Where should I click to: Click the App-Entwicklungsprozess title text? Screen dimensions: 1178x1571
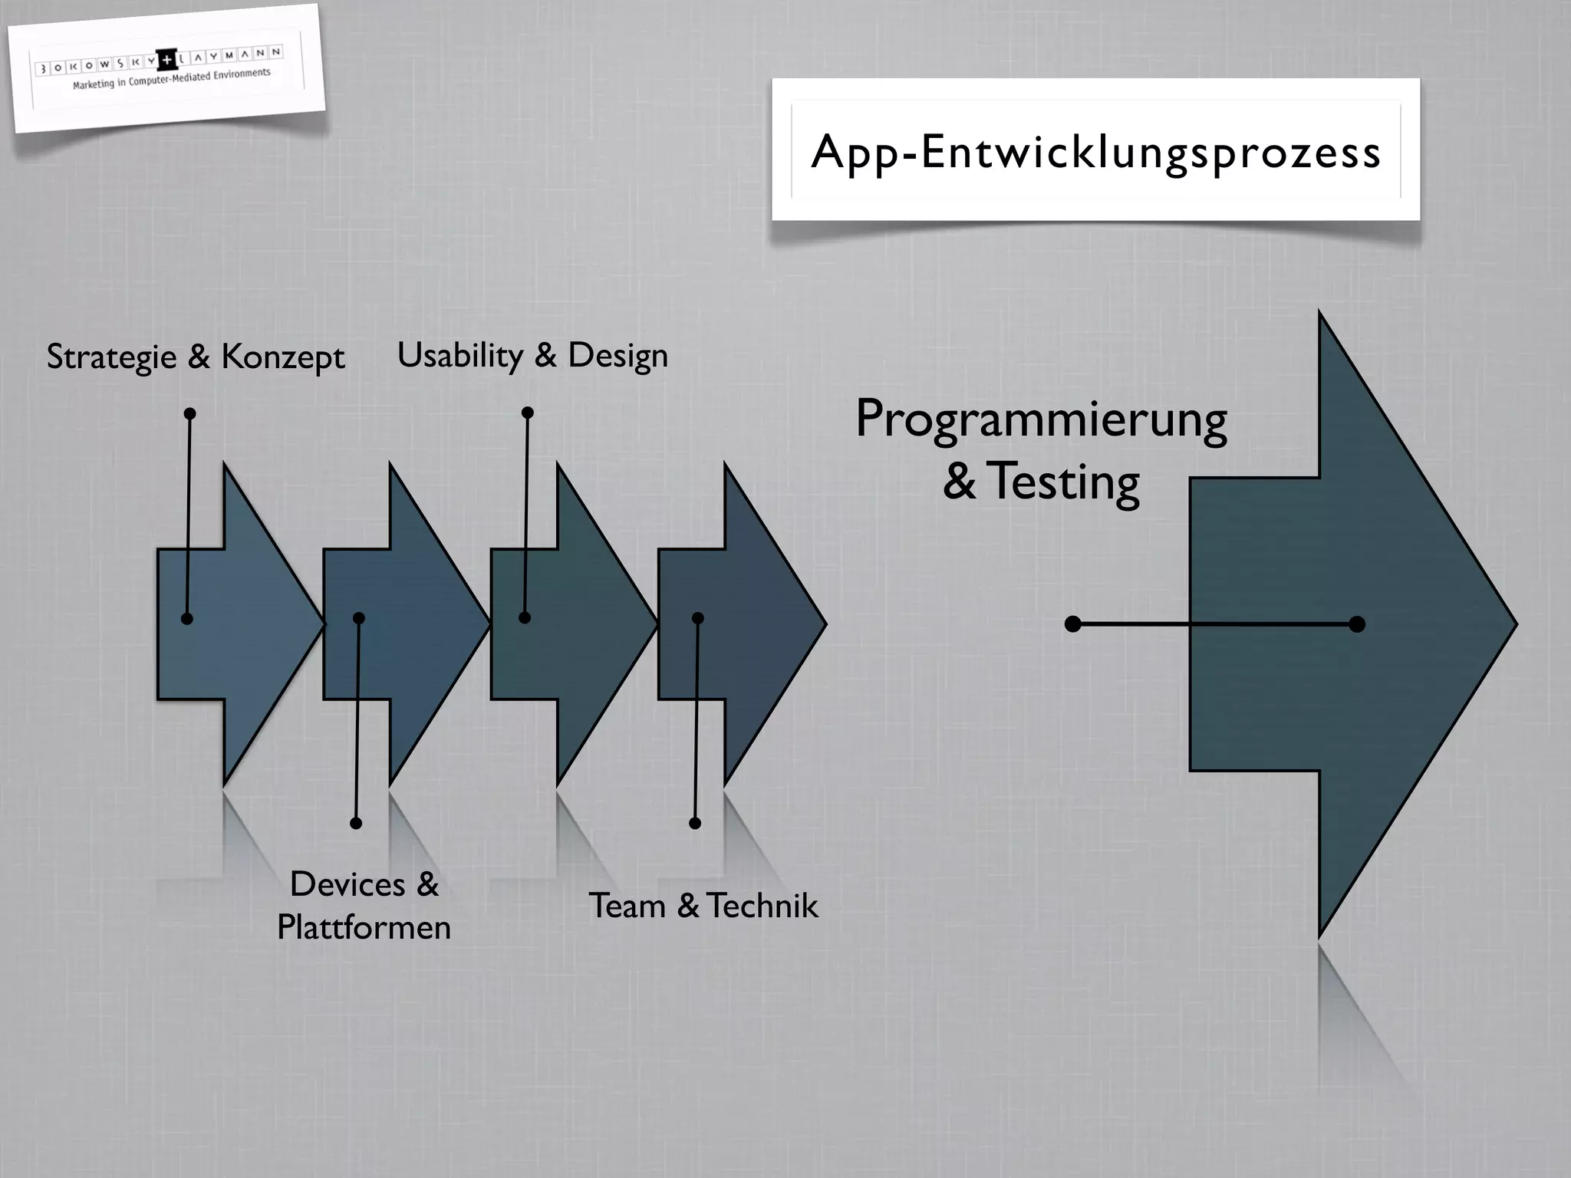point(1095,152)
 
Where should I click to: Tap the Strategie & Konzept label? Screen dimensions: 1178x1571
point(196,357)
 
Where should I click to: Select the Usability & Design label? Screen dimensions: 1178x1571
point(532,355)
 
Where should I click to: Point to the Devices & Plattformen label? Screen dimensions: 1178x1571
point(364,906)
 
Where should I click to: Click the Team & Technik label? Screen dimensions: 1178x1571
point(703,906)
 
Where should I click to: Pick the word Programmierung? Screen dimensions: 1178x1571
point(1041,420)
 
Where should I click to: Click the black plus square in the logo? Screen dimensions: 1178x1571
point(166,60)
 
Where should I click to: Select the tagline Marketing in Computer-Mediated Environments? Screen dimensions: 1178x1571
point(172,78)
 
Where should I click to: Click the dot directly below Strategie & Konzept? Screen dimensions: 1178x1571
point(190,414)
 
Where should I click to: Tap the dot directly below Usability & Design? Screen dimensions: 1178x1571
point(528,413)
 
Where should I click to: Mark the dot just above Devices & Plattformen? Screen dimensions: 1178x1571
point(356,823)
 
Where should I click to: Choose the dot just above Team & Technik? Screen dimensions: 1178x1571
point(695,823)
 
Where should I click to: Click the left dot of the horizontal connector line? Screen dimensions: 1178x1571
point(1073,624)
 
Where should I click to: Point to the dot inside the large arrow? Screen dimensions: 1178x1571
point(1357,624)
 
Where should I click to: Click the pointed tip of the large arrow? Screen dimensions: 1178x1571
point(1514,624)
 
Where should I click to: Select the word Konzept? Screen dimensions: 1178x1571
point(283,357)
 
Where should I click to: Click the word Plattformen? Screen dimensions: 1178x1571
point(364,927)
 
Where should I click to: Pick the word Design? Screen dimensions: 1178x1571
point(618,355)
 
